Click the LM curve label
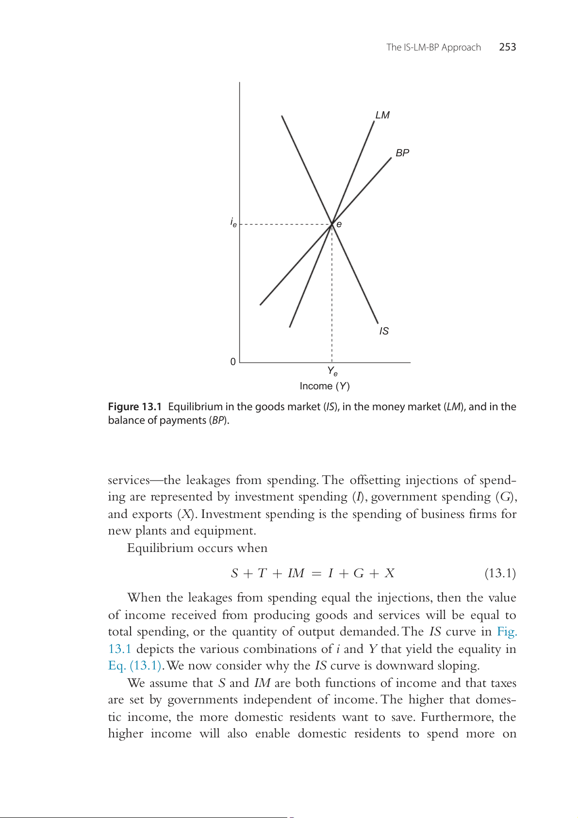[382, 115]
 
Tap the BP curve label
[402, 153]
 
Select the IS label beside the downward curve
[384, 331]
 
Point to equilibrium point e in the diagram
[332, 224]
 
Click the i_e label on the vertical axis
[233, 222]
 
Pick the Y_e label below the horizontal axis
[332, 371]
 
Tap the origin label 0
[233, 362]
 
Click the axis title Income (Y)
[325, 386]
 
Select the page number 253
[508, 47]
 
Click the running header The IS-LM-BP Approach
[433, 47]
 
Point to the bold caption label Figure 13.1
[134, 407]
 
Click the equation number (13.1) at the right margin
[500, 573]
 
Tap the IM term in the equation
[296, 573]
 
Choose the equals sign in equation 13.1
[316, 574]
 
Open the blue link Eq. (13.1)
[135, 666]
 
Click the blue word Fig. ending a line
[507, 632]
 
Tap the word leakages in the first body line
[208, 480]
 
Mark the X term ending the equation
[389, 573]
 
